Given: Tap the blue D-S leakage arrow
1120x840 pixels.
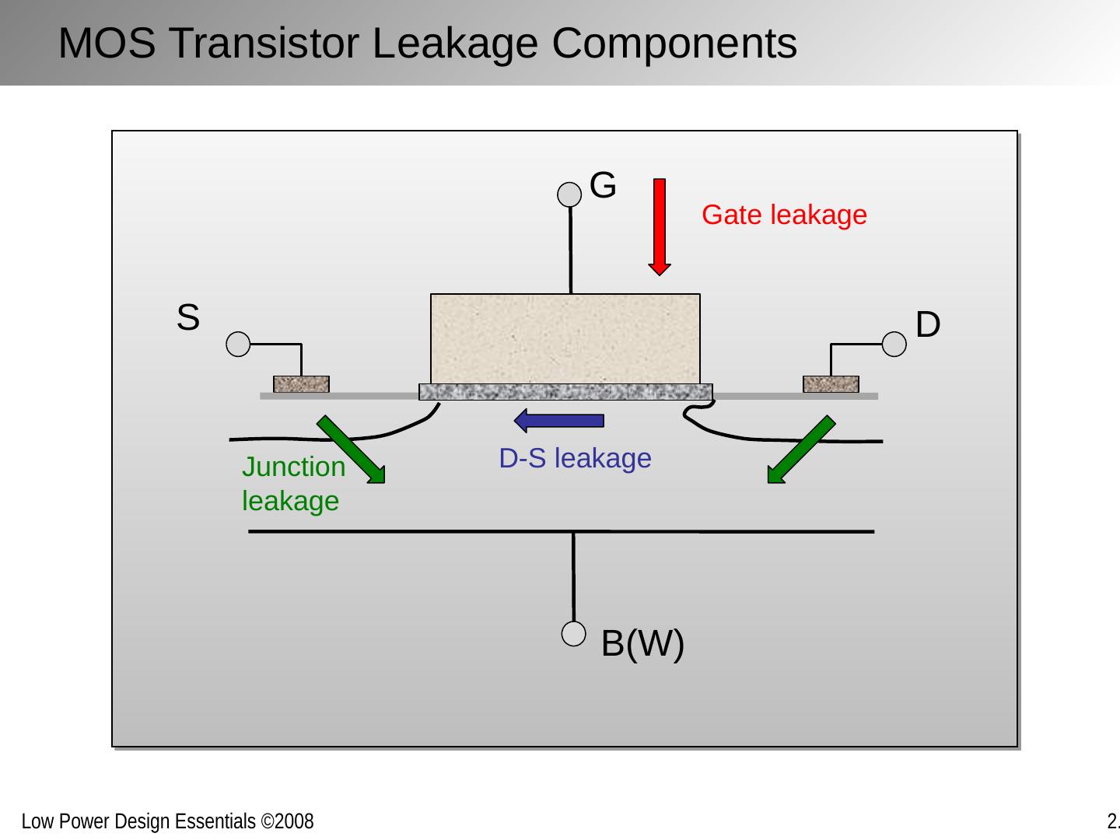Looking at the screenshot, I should pos(559,421).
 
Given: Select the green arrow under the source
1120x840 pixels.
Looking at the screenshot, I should pos(350,450).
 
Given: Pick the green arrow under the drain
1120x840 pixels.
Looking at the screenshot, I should pos(802,450).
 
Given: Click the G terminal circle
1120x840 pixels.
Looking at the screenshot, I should pos(570,195).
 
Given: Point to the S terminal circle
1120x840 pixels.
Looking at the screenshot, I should pos(238,344).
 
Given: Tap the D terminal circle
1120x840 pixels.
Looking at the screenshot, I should pos(894,344).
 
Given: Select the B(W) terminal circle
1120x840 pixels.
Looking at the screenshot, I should pos(573,635).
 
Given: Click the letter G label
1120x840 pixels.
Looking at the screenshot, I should pos(603,186).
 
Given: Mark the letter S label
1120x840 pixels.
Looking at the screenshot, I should pos(187,318).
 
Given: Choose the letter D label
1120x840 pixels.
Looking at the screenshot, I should pos(928,324).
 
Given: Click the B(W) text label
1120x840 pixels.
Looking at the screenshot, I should pos(642,644).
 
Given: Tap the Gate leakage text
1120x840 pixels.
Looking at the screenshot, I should pos(784,215).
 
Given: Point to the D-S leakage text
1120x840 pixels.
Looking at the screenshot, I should pos(575,459).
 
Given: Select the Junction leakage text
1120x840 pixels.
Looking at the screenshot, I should pos(293,484).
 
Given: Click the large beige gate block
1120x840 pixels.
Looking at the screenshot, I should pos(565,338).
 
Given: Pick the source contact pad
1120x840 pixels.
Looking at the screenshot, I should pos(301,384).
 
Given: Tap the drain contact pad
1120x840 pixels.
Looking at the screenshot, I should pos(831,384).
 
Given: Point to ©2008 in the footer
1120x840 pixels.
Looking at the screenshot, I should pos(288,821).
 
